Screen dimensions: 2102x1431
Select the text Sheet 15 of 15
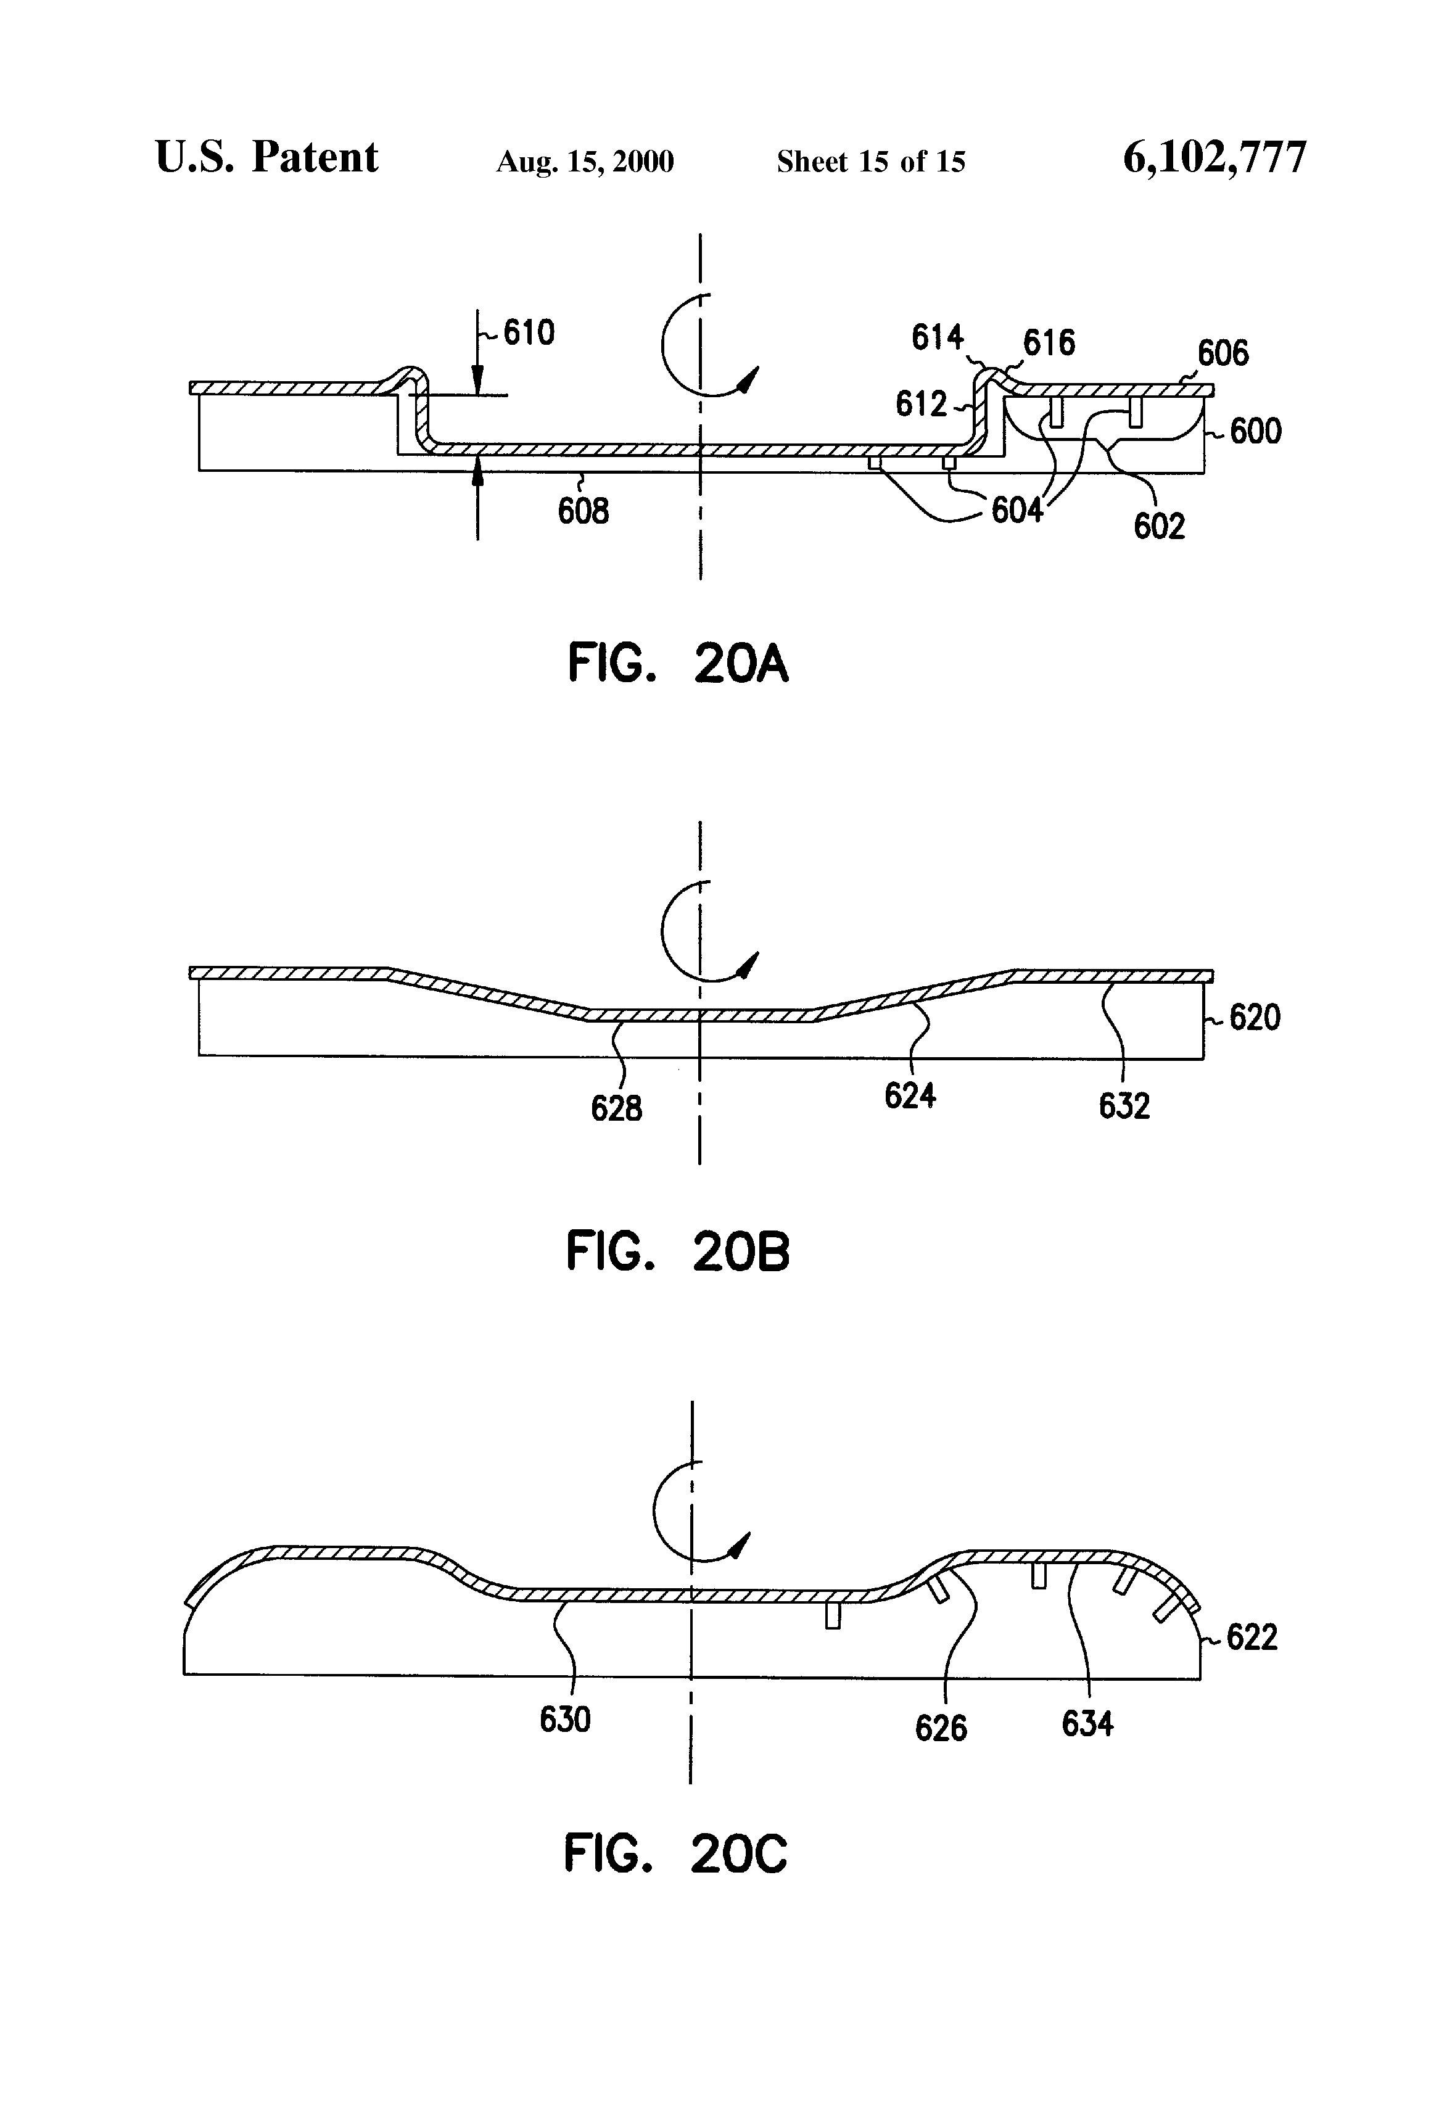click(x=870, y=162)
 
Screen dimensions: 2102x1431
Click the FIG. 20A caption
click(x=677, y=663)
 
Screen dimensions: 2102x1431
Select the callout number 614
click(x=936, y=337)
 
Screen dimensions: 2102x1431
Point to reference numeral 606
click(x=1223, y=353)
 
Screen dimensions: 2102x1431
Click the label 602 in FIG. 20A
click(x=1159, y=526)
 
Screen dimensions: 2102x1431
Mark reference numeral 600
click(x=1255, y=431)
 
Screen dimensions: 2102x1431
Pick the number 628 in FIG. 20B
click(x=616, y=1108)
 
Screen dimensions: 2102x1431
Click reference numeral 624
click(x=909, y=1096)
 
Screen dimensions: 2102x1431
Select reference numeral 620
click(x=1255, y=1018)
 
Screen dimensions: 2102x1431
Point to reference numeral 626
click(x=941, y=1728)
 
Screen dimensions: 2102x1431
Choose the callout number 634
click(x=1087, y=1724)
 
